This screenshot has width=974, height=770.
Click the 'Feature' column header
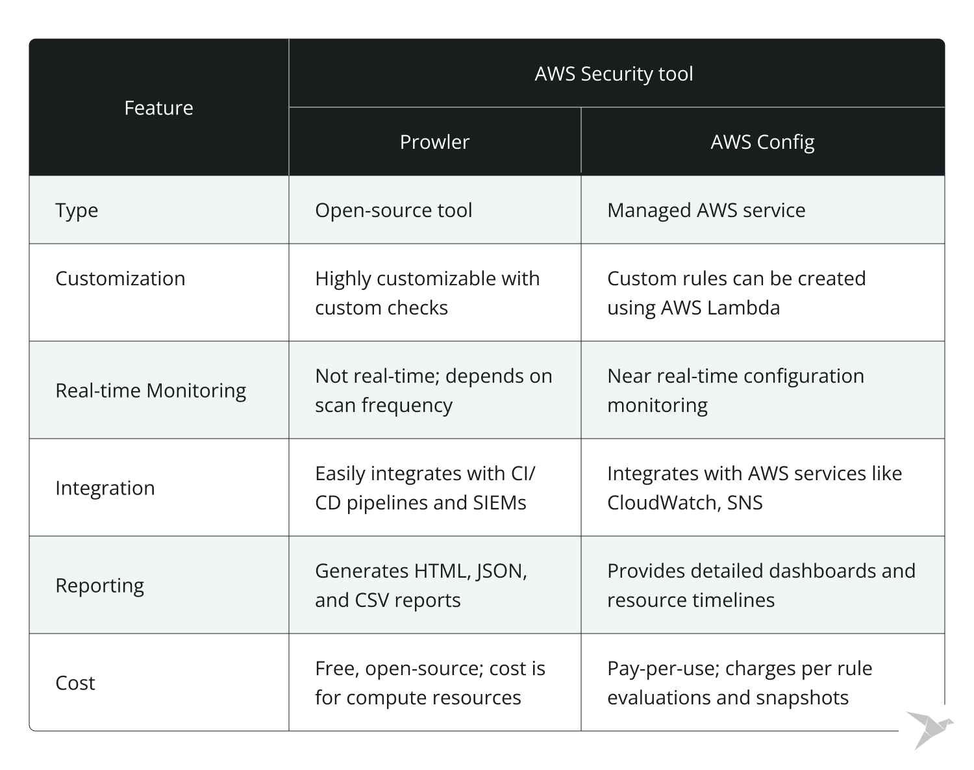158,108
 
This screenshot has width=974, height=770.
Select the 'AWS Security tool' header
614,73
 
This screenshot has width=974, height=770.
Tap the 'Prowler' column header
434,142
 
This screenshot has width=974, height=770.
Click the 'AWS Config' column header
762,142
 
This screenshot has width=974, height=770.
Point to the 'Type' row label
77,211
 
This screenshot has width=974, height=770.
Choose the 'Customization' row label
120,279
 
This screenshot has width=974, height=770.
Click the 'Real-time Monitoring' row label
151,391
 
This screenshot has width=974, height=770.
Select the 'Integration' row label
105,488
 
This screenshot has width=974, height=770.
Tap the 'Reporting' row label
99,585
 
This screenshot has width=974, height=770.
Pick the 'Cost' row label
75,683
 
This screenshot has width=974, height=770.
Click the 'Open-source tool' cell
393,211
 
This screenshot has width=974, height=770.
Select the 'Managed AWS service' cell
706,211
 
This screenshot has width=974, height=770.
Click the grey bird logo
929,728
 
